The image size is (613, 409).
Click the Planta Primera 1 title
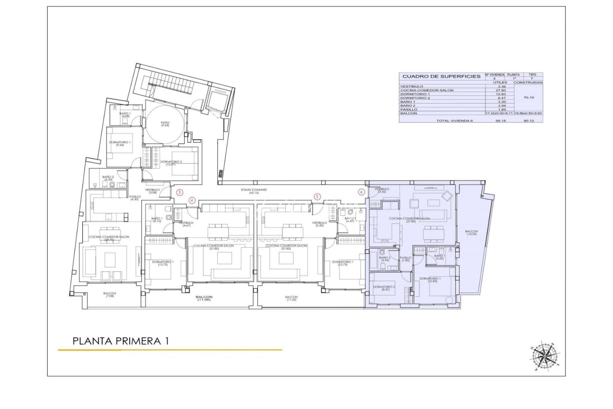pyautogui.click(x=120, y=341)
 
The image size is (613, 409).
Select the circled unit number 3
pyautogui.click(x=180, y=192)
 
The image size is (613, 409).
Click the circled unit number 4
pyautogui.click(x=192, y=200)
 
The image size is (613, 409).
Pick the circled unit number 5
pyautogui.click(x=317, y=197)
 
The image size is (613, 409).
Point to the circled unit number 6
pyautogui.click(x=362, y=192)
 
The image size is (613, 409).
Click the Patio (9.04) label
pyautogui.click(x=165, y=124)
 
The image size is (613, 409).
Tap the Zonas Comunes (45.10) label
pyautogui.click(x=254, y=191)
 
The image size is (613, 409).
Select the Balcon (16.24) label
pyautogui.click(x=471, y=233)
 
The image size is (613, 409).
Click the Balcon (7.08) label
pyautogui.click(x=109, y=295)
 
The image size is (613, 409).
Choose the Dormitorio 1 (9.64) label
pyautogui.click(x=120, y=144)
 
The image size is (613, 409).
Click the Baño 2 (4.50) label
pyautogui.click(x=108, y=178)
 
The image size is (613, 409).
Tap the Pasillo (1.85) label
pyautogui.click(x=406, y=259)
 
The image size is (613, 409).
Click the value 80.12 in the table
pyautogui.click(x=529, y=121)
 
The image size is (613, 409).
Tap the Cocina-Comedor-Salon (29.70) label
pyautogui.click(x=109, y=238)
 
